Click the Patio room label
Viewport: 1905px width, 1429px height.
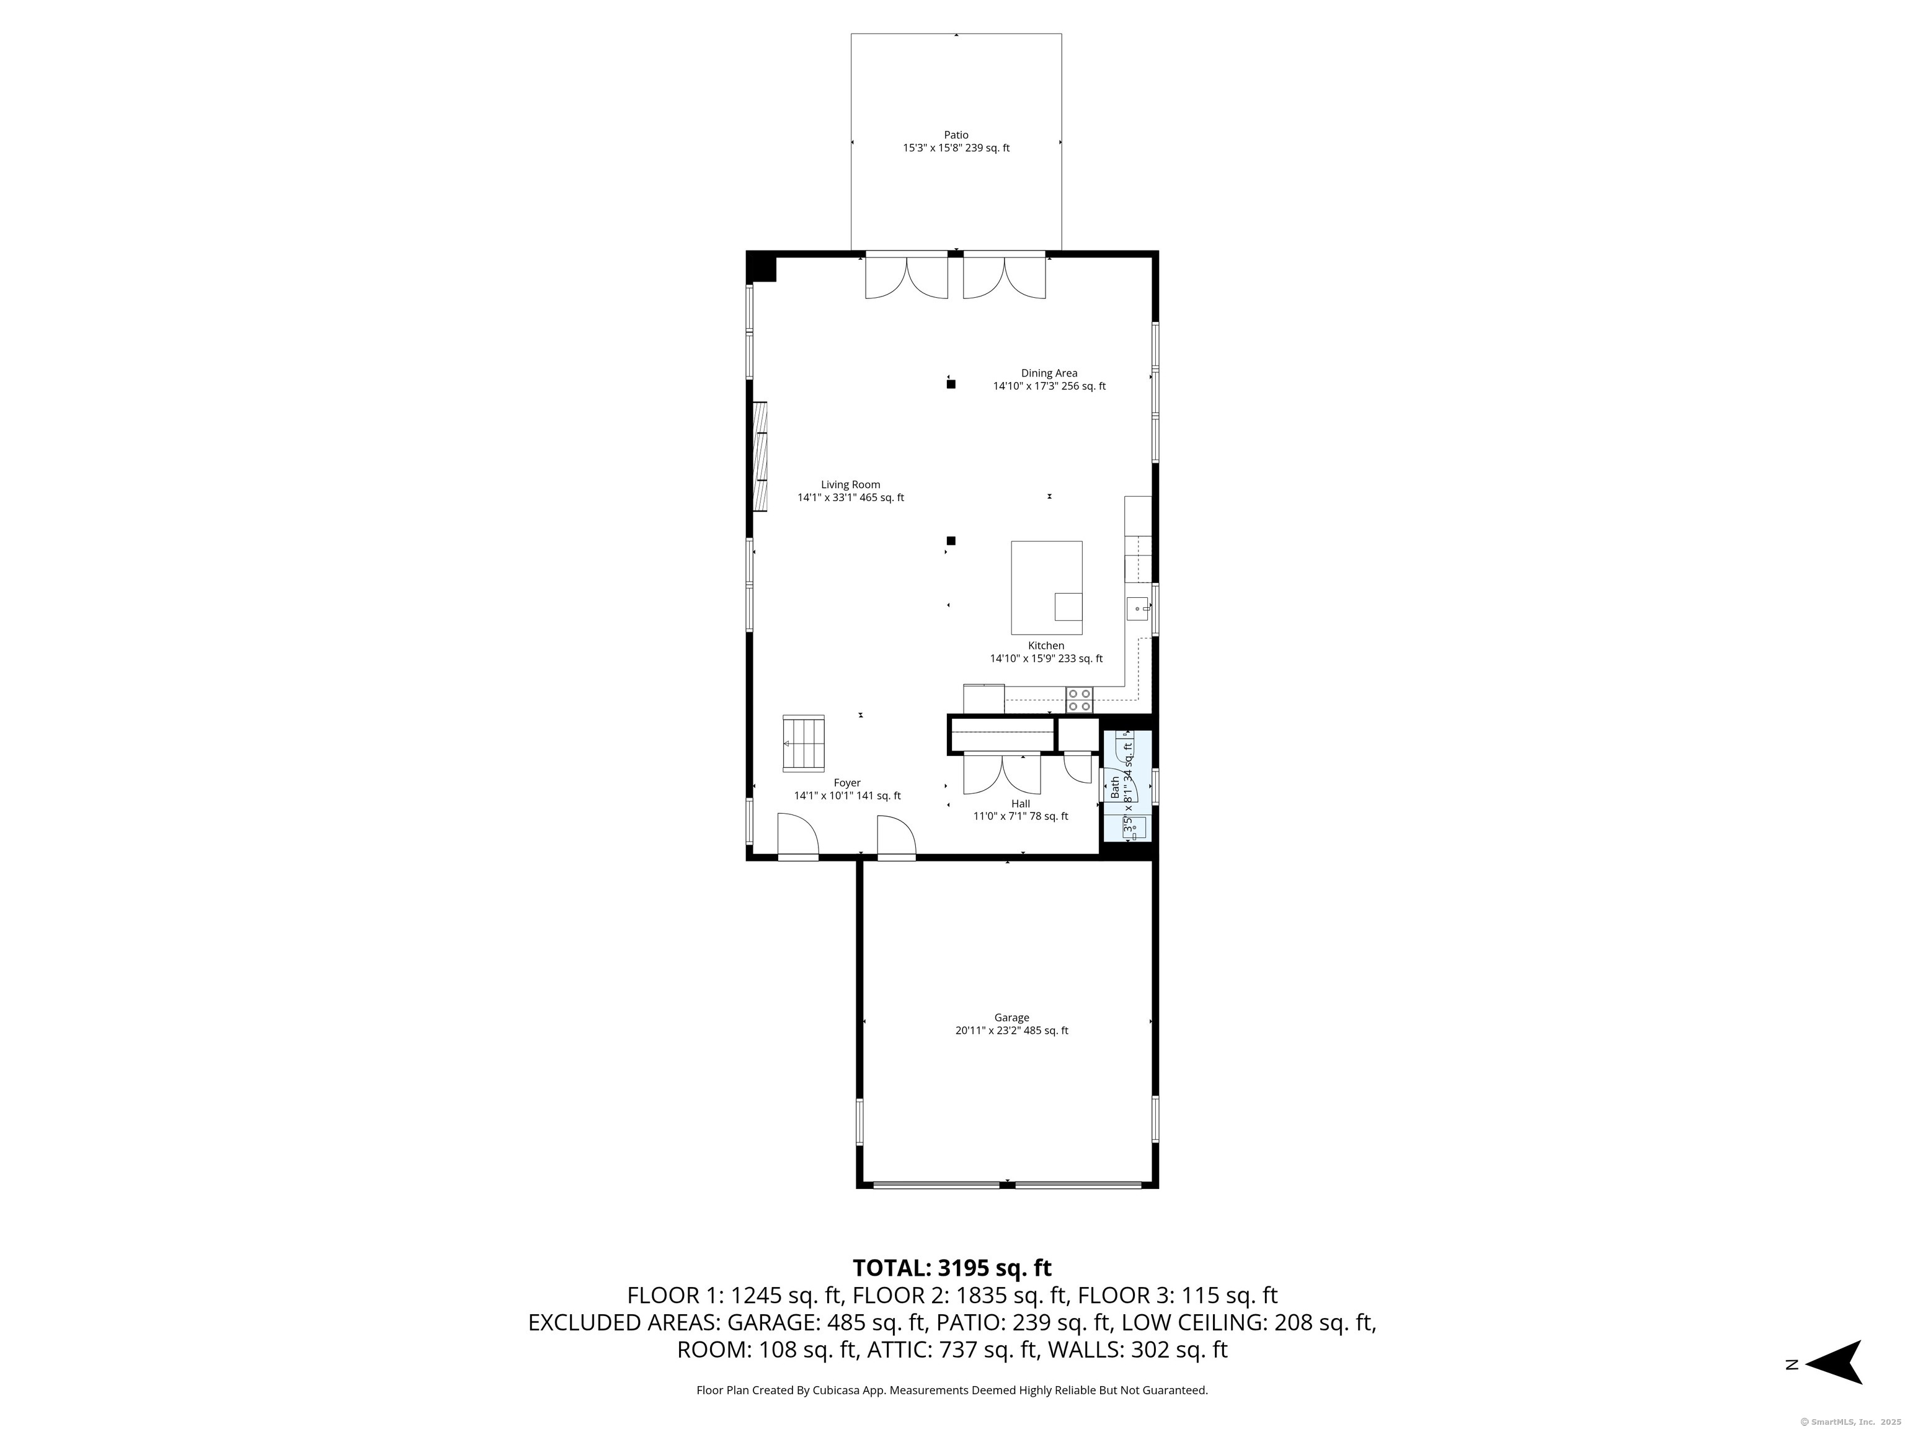(956, 135)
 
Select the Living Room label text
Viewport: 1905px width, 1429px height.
(850, 485)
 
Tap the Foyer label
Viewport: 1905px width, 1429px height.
(846, 783)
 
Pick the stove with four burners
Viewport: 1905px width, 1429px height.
(1079, 700)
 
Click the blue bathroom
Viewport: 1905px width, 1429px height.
(1127, 786)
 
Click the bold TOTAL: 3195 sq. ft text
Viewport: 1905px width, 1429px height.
(952, 1268)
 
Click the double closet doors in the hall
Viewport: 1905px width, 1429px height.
(1001, 773)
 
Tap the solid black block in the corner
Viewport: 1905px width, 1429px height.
(762, 266)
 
